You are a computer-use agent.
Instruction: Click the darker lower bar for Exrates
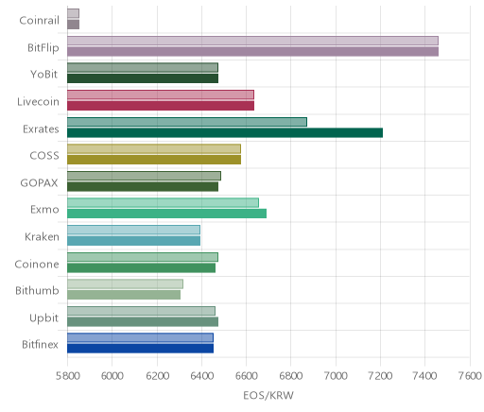225,133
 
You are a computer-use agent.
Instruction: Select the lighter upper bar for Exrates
187,122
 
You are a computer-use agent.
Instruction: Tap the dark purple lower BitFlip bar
252,52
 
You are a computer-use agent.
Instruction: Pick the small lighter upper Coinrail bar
73,13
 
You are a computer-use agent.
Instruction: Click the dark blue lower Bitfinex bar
140,349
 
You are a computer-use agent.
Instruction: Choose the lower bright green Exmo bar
166,214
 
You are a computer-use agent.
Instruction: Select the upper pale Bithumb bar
125,283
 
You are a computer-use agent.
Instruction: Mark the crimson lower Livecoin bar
161,106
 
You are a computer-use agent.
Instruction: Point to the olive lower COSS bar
154,160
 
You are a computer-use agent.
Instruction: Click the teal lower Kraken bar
133,241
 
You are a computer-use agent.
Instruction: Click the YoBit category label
44,75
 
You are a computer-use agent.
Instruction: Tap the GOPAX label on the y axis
39,182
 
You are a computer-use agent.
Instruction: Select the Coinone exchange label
37,264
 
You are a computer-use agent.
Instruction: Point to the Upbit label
43,318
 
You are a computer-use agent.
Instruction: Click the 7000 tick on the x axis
336,376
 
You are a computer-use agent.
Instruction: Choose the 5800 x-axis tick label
67,376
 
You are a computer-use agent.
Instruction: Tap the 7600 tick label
470,376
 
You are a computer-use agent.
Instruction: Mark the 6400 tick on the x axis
201,376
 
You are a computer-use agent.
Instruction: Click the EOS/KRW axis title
268,395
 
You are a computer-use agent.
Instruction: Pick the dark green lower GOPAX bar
143,187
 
